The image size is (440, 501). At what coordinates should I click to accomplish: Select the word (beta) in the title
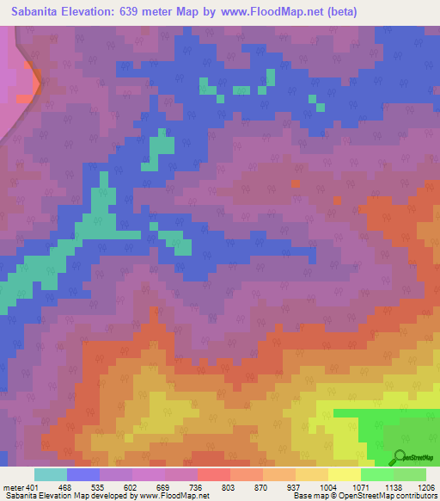(337, 11)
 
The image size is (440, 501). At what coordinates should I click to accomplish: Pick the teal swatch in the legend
(51, 474)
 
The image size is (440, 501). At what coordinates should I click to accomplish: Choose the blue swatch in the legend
(83, 474)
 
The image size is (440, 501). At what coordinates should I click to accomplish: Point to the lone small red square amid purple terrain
(297, 182)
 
